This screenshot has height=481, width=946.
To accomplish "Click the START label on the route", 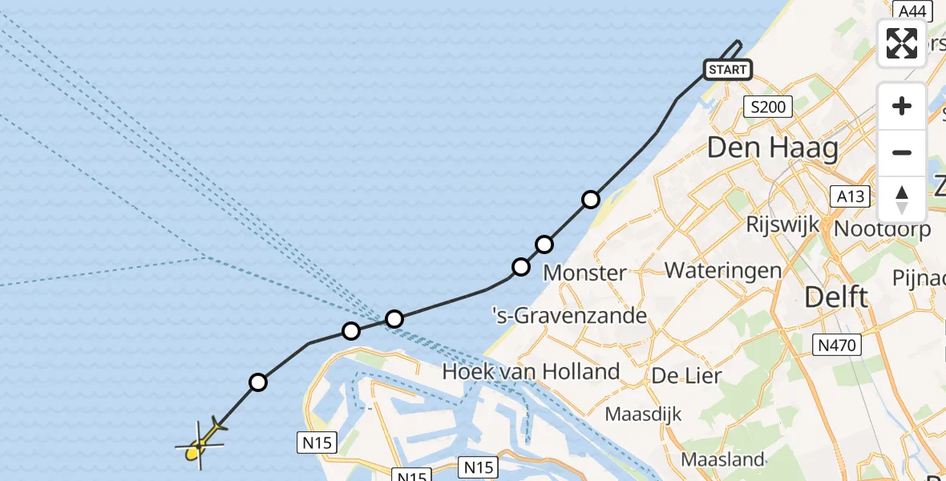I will pyautogui.click(x=727, y=70).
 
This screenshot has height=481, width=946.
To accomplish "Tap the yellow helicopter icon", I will pyautogui.click(x=200, y=444).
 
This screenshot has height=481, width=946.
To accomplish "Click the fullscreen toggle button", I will pyautogui.click(x=902, y=42).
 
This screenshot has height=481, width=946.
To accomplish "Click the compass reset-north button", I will pyautogui.click(x=902, y=200).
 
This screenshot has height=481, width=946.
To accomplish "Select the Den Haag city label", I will pyautogui.click(x=773, y=148).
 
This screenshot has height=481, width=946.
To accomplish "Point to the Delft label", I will pyautogui.click(x=836, y=297).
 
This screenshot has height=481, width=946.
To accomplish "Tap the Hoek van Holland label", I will pyautogui.click(x=531, y=371).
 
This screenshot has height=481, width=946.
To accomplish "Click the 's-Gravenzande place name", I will pyautogui.click(x=569, y=315).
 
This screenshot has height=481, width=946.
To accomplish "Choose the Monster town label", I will pyautogui.click(x=584, y=273).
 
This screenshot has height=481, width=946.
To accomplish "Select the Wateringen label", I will pyautogui.click(x=723, y=269).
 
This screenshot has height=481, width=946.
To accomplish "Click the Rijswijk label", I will pyautogui.click(x=782, y=224).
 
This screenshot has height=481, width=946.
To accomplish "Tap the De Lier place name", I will pyautogui.click(x=686, y=375).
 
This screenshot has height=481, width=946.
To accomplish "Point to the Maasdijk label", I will pyautogui.click(x=643, y=414).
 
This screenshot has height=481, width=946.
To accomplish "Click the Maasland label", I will pyautogui.click(x=722, y=459).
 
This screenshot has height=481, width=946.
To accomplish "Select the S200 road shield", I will pyautogui.click(x=767, y=107).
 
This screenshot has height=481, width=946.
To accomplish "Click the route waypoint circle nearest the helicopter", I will pyautogui.click(x=257, y=382).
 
